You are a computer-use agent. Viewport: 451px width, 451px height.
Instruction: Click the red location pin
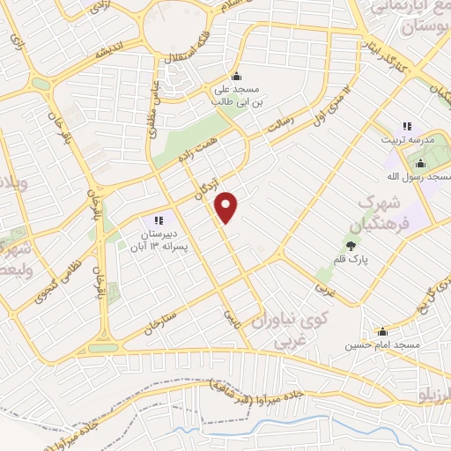227,207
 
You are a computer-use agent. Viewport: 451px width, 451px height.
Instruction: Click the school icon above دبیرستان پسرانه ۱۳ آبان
159,219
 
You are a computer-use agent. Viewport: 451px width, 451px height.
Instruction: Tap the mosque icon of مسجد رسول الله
421,163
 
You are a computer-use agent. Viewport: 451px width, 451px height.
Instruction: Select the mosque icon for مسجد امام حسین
382,332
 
